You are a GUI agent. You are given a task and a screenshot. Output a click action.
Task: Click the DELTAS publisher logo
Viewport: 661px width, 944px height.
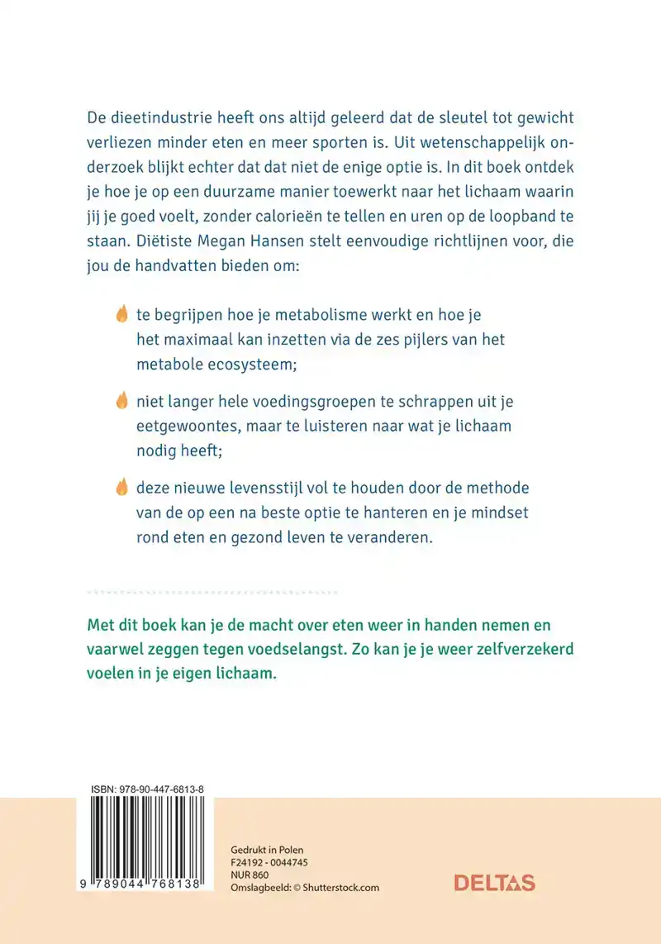pyautogui.click(x=494, y=883)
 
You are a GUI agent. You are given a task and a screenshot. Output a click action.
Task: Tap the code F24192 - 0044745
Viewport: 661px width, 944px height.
pyautogui.click(x=267, y=862)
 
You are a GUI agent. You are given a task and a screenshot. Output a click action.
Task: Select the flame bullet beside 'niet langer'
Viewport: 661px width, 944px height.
pyautogui.click(x=121, y=401)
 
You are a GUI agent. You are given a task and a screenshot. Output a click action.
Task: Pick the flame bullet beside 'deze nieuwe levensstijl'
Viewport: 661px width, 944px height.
pyautogui.click(x=121, y=487)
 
